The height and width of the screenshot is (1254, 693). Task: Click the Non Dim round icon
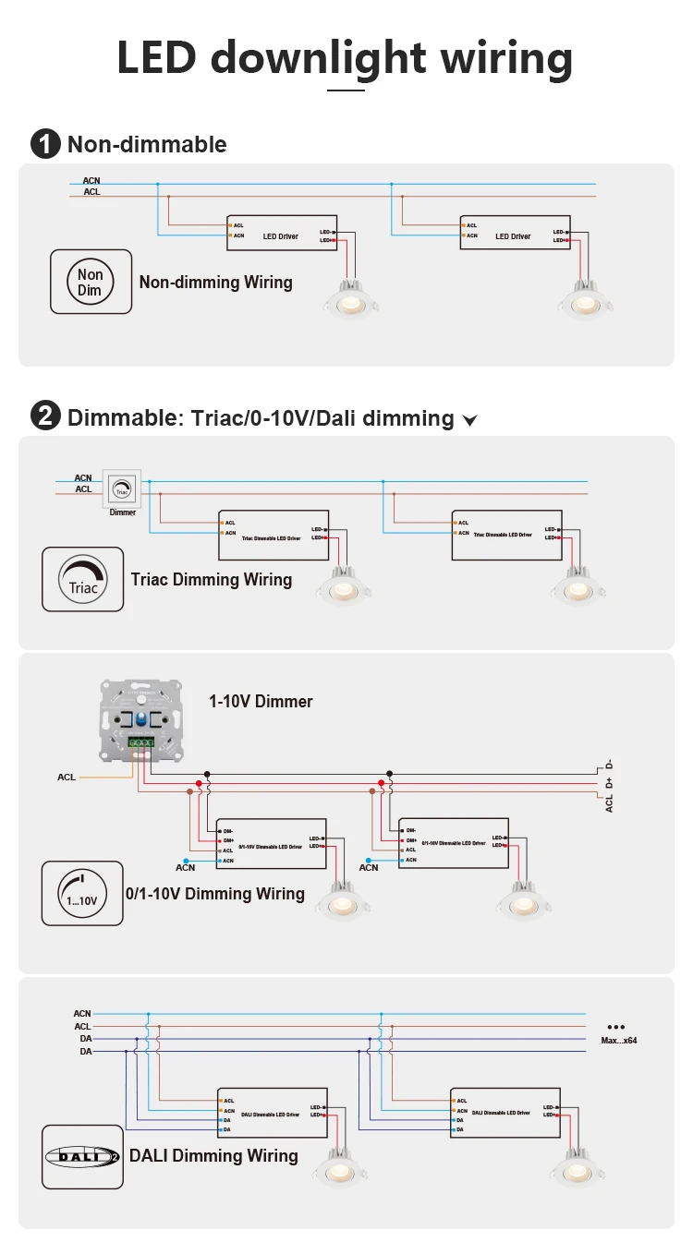[91, 282]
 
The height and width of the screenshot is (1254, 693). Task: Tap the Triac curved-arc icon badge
[82, 579]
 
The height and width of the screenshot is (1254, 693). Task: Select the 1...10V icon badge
[82, 894]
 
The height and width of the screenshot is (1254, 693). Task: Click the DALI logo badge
[82, 1156]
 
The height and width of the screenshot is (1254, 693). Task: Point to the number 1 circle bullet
[44, 144]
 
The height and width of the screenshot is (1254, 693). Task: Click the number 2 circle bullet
[44, 417]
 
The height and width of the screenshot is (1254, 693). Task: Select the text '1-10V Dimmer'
[261, 702]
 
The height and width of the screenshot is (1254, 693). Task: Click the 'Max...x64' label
[618, 1040]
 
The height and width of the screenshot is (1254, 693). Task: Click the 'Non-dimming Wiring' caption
[215, 283]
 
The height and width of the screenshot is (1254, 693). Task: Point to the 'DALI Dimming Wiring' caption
[213, 1156]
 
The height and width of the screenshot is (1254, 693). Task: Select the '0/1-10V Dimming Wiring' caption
[214, 894]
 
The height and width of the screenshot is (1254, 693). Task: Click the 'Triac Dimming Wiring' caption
[212, 580]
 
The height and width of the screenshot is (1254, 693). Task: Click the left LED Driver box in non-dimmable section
[280, 235]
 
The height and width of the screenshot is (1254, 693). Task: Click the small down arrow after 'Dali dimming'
[469, 421]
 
